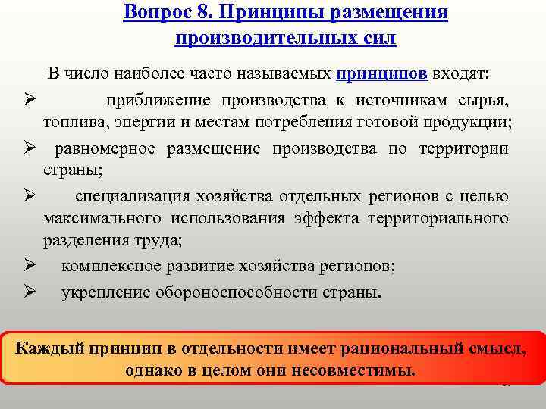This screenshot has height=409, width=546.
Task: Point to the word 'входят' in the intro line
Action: pyautogui.click(x=460, y=74)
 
